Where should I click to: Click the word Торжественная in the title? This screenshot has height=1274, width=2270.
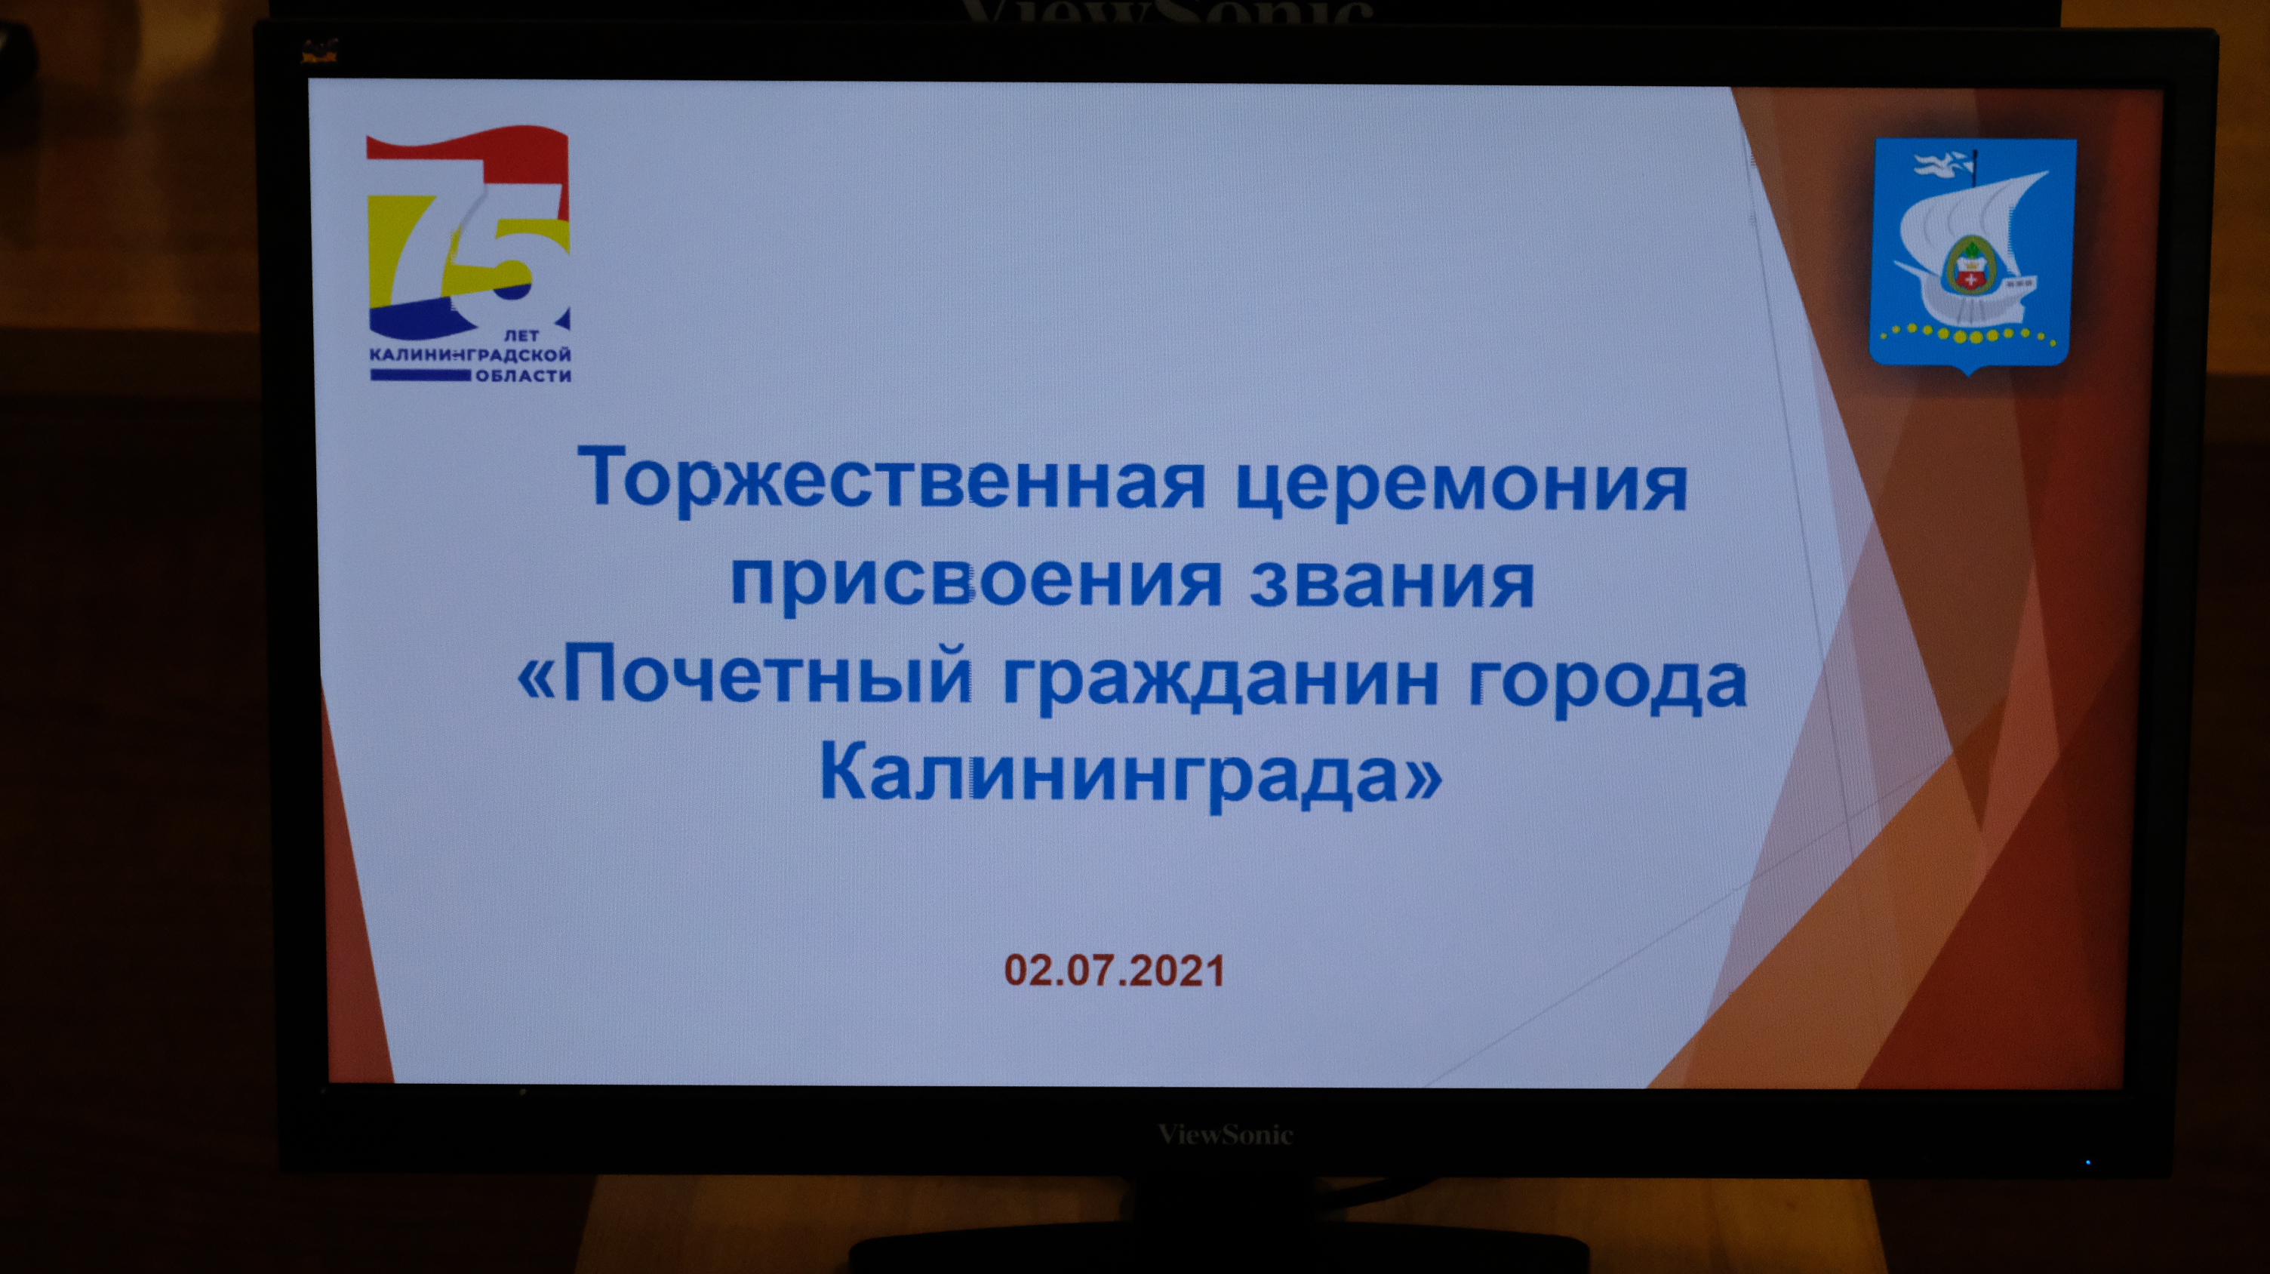click(x=890, y=481)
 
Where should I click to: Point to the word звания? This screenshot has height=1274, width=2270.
click(x=1392, y=583)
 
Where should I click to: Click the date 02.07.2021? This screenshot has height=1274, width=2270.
click(x=1115, y=970)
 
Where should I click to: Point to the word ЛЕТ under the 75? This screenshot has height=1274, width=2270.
click(x=521, y=336)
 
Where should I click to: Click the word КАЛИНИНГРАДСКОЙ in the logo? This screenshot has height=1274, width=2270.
click(x=469, y=355)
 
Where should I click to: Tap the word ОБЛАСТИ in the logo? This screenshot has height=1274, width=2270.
click(x=524, y=376)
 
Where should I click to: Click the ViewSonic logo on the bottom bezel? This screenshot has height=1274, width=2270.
click(x=1226, y=1134)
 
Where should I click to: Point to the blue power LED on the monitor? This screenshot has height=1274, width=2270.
click(x=2087, y=1162)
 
